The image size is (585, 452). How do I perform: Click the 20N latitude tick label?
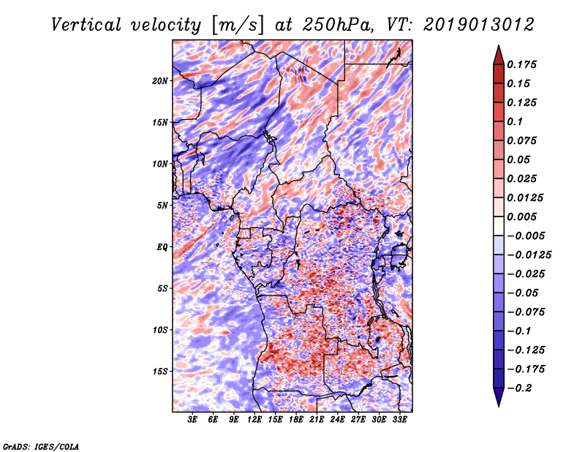pos(160,80)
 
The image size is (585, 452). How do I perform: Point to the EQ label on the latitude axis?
pos(162,247)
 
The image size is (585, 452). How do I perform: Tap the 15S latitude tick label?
pos(160,372)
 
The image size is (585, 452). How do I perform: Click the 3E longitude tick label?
pos(193,420)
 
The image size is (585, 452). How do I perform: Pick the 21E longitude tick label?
pos(317,420)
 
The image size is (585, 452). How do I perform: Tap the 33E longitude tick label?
pos(399,420)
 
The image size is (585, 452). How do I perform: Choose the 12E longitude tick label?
pos(254,420)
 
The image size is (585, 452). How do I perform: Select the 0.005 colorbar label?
pos(524,216)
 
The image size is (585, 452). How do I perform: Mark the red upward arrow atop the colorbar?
pos(498,52)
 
